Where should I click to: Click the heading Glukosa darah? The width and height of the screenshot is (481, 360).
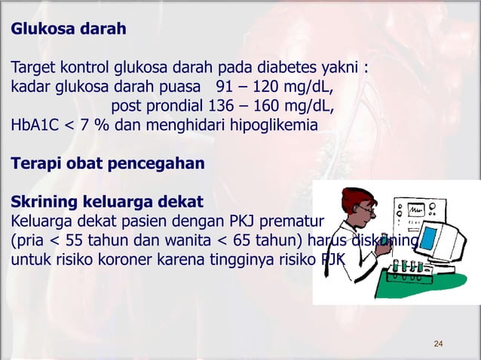[x=67, y=30]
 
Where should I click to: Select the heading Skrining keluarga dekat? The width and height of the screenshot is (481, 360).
[x=106, y=203]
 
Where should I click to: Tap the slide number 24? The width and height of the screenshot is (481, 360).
[x=438, y=344]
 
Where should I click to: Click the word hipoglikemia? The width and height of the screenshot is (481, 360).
[x=272, y=124]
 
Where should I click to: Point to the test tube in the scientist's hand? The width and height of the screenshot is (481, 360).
[x=384, y=243]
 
